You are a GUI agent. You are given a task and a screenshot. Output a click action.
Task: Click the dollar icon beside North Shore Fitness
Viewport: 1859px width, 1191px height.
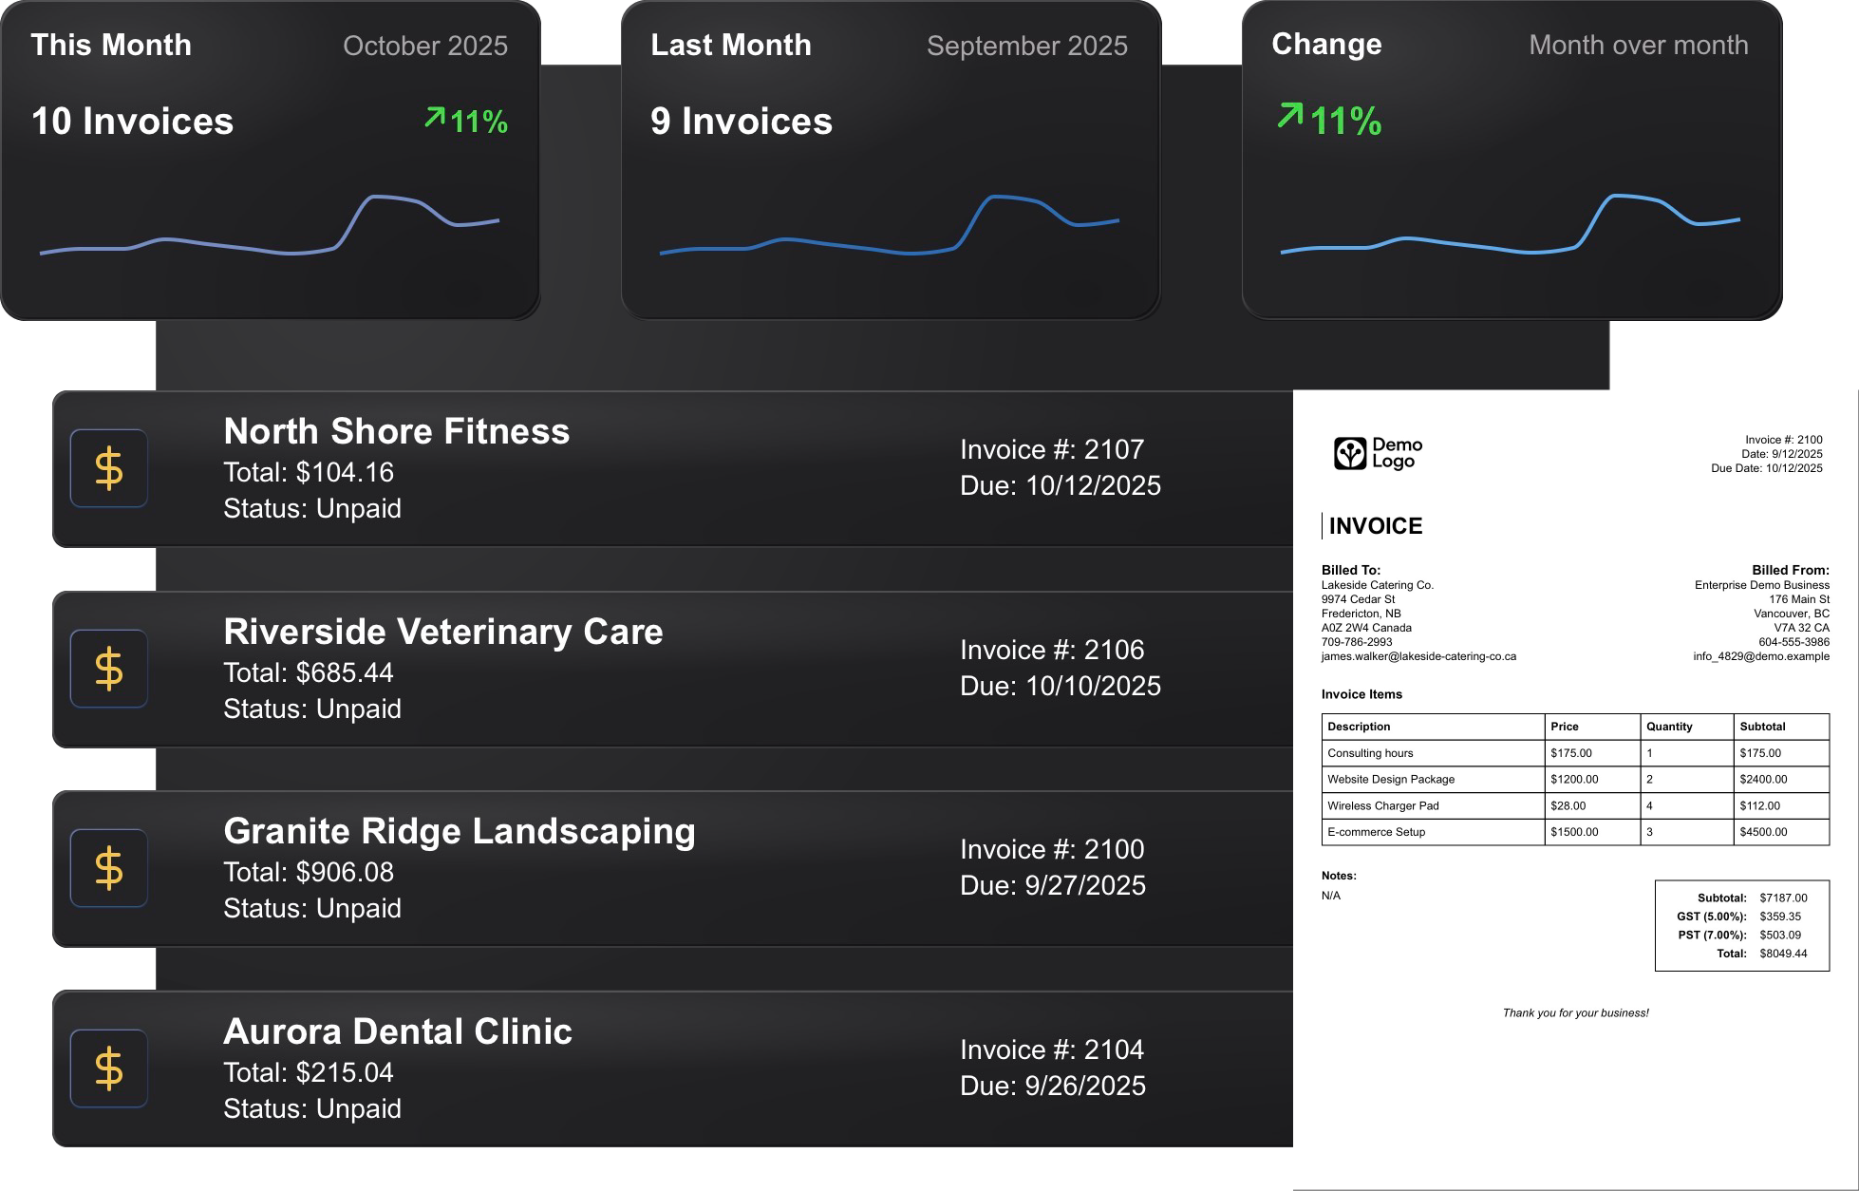point(109,468)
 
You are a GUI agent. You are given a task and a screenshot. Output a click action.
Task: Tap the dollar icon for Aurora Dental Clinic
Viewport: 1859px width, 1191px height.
point(109,1068)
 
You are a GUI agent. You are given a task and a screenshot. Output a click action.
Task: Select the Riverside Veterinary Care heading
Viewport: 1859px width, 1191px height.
point(442,632)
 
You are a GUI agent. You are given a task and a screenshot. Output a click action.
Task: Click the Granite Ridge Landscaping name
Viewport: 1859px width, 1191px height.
point(460,831)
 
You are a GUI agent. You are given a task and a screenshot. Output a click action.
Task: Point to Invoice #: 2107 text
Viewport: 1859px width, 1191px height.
point(1051,449)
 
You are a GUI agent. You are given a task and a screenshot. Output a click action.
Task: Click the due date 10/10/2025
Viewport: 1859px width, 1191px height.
point(1060,686)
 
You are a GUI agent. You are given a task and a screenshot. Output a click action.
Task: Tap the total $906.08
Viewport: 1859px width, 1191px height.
point(308,872)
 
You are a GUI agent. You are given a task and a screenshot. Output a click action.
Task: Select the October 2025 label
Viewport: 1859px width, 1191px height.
point(424,46)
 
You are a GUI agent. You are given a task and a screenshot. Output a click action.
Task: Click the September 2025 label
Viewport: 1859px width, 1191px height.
point(1026,46)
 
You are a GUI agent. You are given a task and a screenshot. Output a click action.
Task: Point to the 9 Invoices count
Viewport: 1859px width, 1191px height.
point(741,122)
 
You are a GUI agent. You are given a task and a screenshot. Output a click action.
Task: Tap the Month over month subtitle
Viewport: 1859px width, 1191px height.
point(1638,45)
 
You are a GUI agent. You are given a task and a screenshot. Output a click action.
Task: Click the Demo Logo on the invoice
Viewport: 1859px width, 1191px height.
point(1378,453)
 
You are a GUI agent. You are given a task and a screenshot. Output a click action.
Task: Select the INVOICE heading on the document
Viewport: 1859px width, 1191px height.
point(1375,526)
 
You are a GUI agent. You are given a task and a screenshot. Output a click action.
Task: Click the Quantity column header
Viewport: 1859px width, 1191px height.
point(1668,727)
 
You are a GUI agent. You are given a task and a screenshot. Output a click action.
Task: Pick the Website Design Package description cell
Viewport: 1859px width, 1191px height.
point(1390,779)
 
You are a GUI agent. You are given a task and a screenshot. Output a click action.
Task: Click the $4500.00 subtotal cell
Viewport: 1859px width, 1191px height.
point(1763,832)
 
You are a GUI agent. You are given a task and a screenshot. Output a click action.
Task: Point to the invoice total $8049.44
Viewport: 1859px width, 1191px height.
point(1782,954)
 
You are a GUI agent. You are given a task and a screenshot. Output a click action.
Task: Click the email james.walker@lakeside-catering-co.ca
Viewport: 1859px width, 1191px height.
point(1418,656)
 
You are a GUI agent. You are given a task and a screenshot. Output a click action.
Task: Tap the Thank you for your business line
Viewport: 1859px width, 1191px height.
point(1575,1012)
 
